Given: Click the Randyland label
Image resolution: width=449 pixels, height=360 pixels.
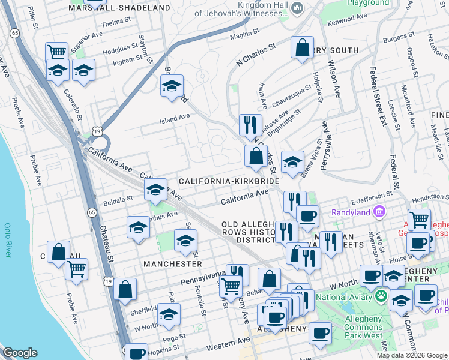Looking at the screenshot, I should pyautogui.click(x=351, y=212).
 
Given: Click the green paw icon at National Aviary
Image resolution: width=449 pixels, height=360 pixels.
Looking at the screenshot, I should pyautogui.click(x=381, y=296).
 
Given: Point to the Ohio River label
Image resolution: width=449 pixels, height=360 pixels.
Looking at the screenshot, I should pyautogui.click(x=8, y=241).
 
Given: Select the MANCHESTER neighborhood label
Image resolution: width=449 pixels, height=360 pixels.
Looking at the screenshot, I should pyautogui.click(x=172, y=263).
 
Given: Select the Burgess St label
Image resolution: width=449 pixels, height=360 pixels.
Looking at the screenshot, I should pyautogui.click(x=396, y=38).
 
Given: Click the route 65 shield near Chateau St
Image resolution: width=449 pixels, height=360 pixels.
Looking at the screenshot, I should pyautogui.click(x=91, y=212).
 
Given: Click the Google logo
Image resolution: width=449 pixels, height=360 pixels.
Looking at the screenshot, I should pyautogui.click(x=20, y=353).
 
